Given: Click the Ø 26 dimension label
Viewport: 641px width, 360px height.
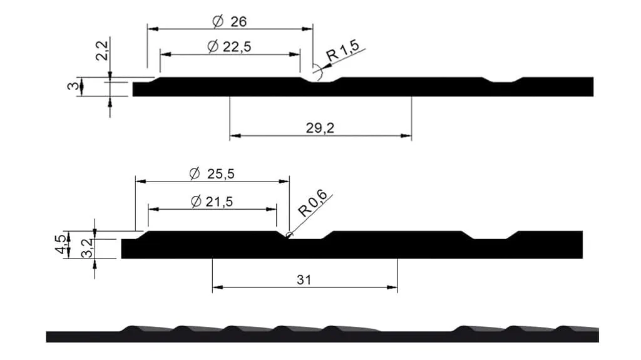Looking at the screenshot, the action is pos(230,21).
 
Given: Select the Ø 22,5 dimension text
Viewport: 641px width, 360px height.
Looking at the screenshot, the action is pos(229,46).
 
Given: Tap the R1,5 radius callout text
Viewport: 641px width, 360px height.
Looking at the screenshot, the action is pos(342,50).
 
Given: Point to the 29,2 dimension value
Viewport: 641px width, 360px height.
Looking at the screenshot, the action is pos(320,128).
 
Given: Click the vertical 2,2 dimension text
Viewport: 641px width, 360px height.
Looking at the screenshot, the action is pos(102,51).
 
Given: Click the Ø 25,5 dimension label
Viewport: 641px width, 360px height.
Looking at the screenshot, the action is pos(212,174).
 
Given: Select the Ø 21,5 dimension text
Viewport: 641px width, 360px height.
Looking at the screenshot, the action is pos(212,201).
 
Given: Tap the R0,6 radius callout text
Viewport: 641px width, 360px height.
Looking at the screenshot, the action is pos(313,203).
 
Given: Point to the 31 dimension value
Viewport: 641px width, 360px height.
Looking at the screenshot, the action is pos(304,280).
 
